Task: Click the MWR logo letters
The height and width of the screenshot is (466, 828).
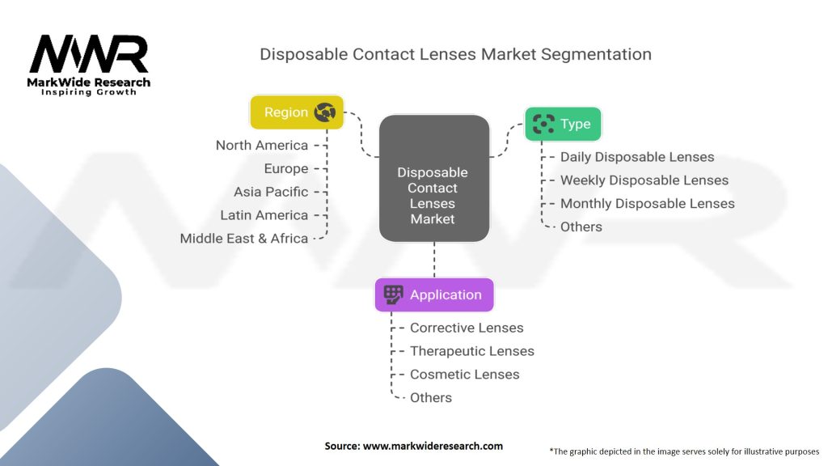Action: pyautogui.click(x=89, y=54)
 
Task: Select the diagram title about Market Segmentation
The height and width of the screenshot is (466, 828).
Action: pyautogui.click(x=455, y=55)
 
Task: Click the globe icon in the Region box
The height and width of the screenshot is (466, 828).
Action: pyautogui.click(x=325, y=112)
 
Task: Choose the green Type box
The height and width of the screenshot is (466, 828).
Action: pyautogui.click(x=563, y=124)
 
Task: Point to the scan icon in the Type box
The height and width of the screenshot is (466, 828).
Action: pyautogui.click(x=543, y=124)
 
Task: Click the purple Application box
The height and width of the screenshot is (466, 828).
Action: pyautogui.click(x=433, y=294)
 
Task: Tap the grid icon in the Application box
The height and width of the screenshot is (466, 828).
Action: pyautogui.click(x=393, y=294)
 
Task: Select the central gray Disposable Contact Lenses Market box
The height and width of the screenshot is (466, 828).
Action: pyautogui.click(x=433, y=179)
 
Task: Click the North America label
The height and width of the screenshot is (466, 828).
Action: pyautogui.click(x=262, y=146)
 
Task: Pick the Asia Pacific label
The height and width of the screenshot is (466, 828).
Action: pyautogui.click(x=271, y=192)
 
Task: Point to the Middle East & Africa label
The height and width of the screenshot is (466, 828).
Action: pyautogui.click(x=244, y=239)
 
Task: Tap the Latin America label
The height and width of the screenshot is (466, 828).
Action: pyautogui.click(x=264, y=215)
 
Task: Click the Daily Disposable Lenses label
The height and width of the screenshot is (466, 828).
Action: pyautogui.click(x=637, y=157)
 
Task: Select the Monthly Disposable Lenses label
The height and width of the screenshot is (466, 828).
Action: pyautogui.click(x=647, y=203)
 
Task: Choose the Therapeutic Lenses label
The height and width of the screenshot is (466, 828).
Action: pyautogui.click(x=472, y=351)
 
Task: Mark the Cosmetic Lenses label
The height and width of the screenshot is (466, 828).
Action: pyautogui.click(x=464, y=374)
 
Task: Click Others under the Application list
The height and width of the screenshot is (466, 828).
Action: pyautogui.click(x=431, y=397)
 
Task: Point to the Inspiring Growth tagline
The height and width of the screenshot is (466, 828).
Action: pyautogui.click(x=89, y=92)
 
